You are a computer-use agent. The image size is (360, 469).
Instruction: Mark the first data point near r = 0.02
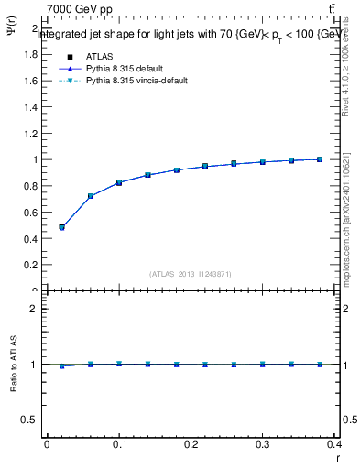[x=61, y=226]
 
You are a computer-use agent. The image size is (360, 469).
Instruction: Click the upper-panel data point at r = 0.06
[x=91, y=196]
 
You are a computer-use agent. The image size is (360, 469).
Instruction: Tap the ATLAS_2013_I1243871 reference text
[x=191, y=274]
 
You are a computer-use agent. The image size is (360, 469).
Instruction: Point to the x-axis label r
[x=336, y=458]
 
